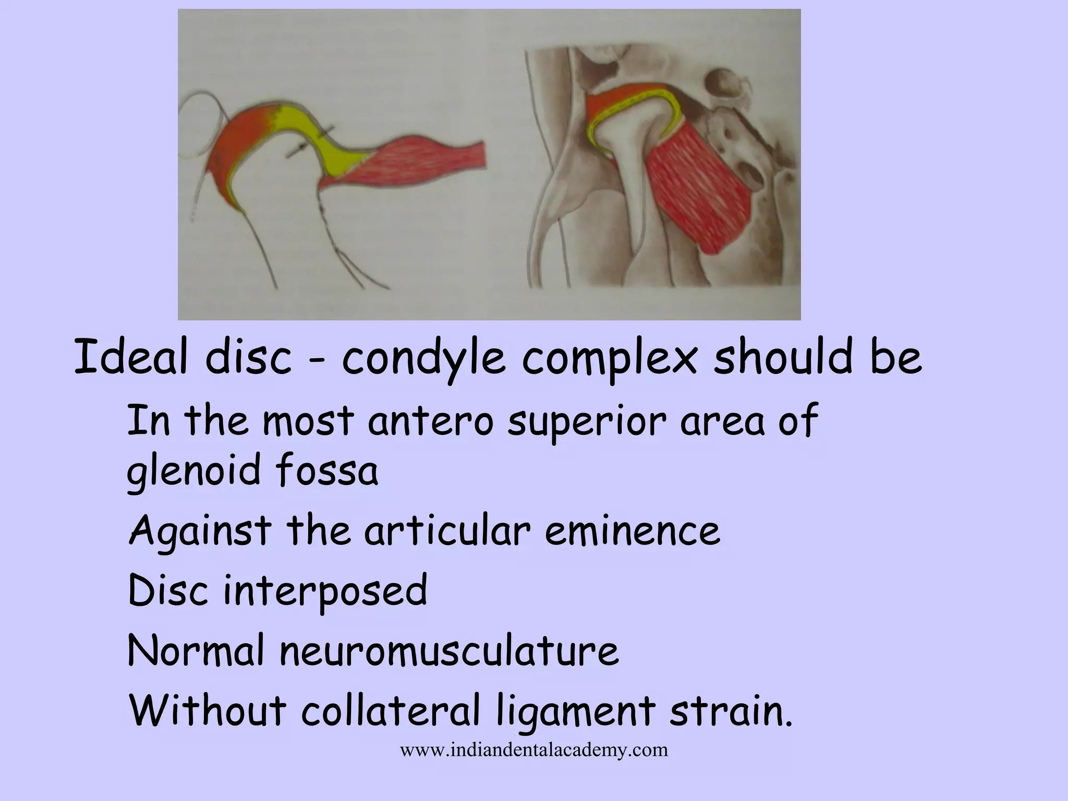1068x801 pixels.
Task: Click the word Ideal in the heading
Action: [x=130, y=358]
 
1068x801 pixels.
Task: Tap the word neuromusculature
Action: [x=449, y=651]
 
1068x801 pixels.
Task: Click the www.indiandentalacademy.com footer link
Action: [x=533, y=750]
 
